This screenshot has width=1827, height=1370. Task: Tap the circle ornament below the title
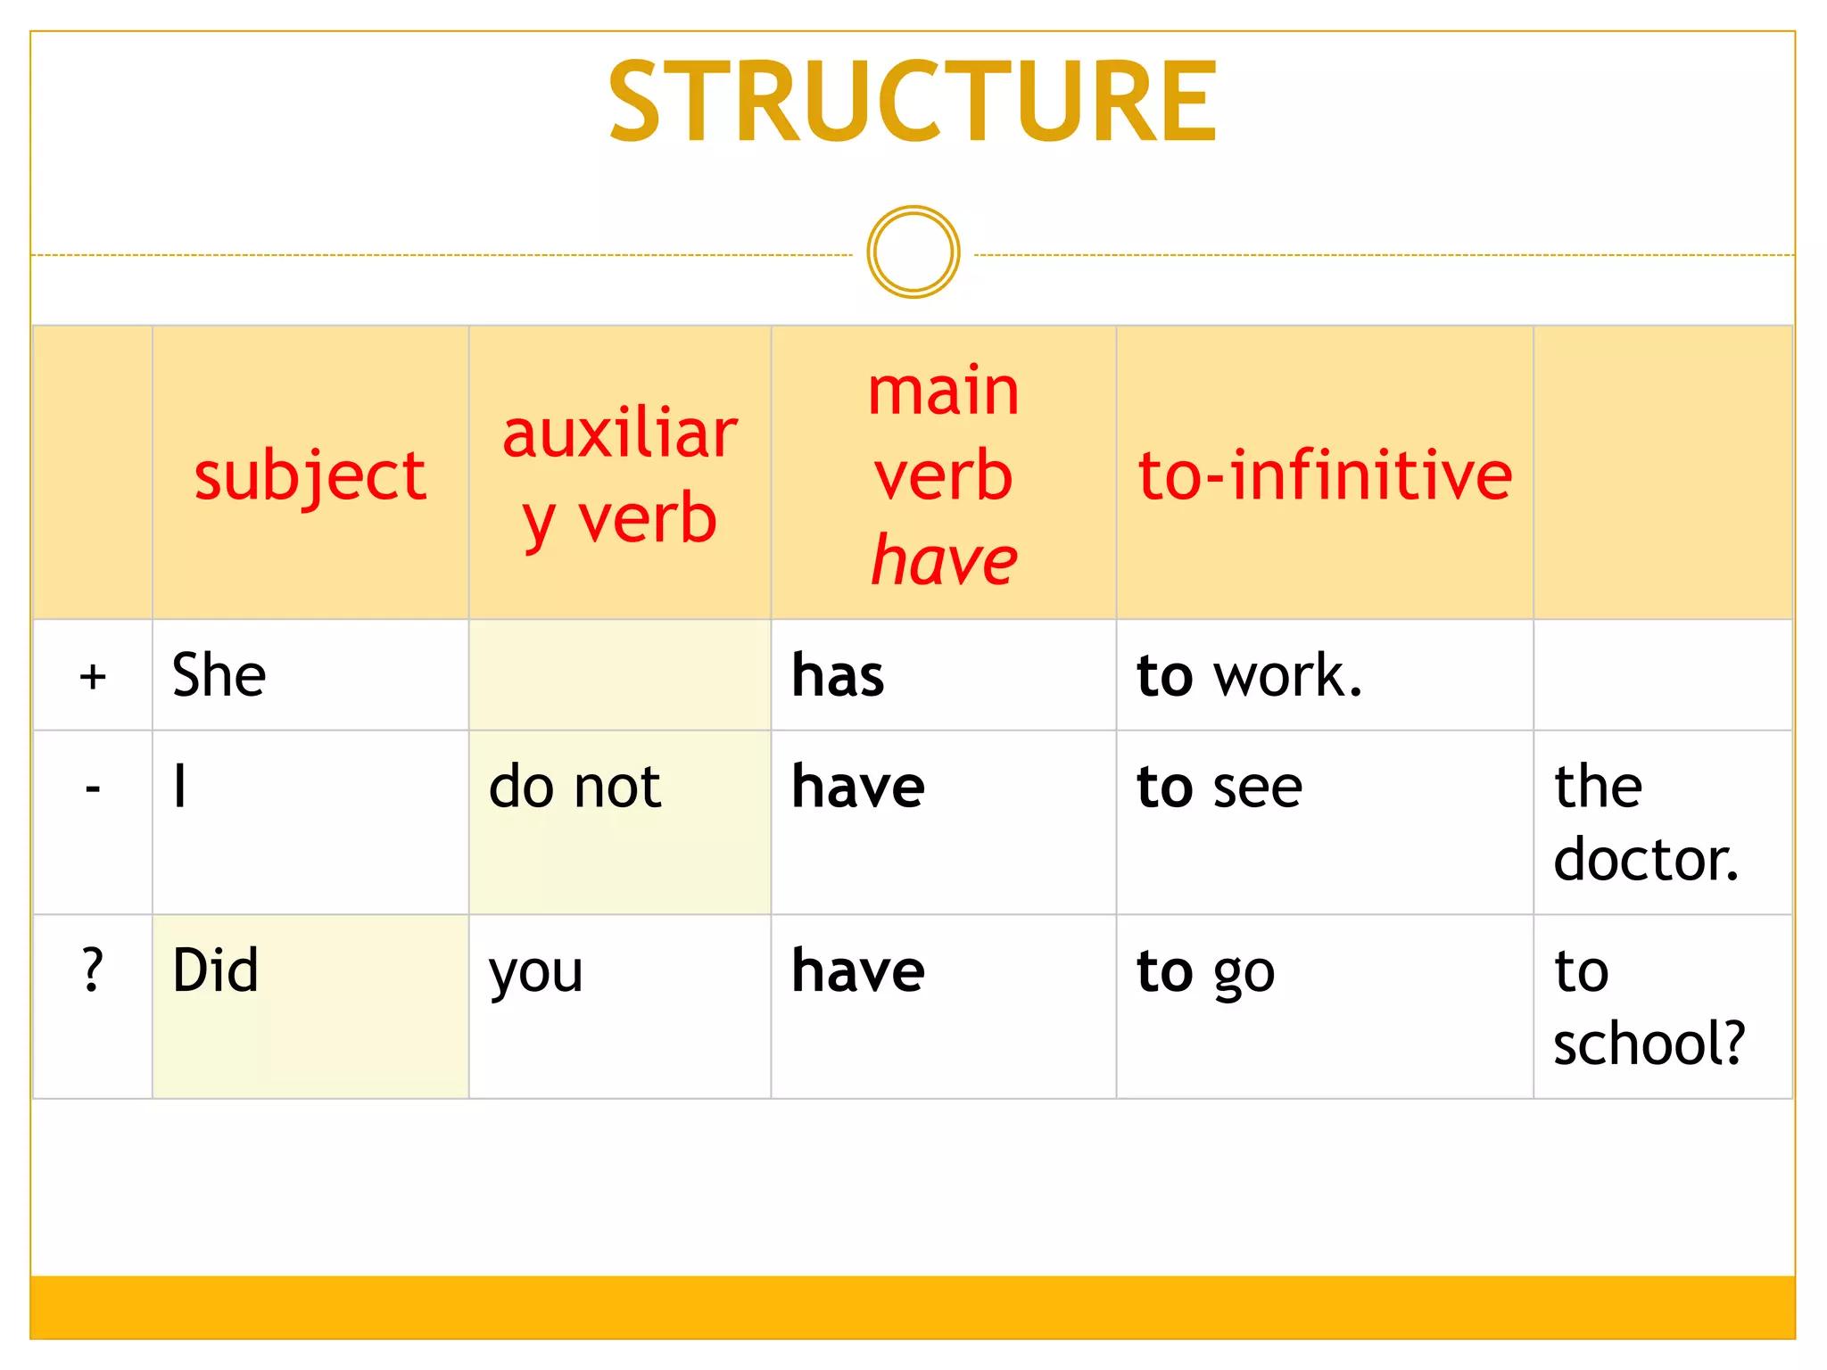pyautogui.click(x=913, y=252)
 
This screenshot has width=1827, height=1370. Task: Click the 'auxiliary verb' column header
pyautogui.click(x=619, y=475)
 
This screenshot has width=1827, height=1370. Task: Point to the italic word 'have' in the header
pyautogui.click(x=944, y=560)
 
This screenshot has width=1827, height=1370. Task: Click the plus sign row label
pyautogui.click(x=93, y=676)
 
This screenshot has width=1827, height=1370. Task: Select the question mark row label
pyautogui.click(x=93, y=970)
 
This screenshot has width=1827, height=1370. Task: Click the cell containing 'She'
pyautogui.click(x=219, y=675)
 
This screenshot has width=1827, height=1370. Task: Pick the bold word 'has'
pyautogui.click(x=838, y=675)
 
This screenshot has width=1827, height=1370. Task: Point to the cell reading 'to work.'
pyautogui.click(x=1249, y=675)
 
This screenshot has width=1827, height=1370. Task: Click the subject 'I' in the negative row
pyautogui.click(x=180, y=787)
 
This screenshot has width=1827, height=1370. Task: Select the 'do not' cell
pyautogui.click(x=575, y=787)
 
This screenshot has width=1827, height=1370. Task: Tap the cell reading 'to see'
pyautogui.click(x=1219, y=787)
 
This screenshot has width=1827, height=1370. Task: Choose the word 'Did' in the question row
pyautogui.click(x=216, y=970)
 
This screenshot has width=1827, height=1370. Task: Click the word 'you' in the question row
pyautogui.click(x=536, y=972)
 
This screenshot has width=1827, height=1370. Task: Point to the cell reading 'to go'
pyautogui.click(x=1205, y=972)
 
